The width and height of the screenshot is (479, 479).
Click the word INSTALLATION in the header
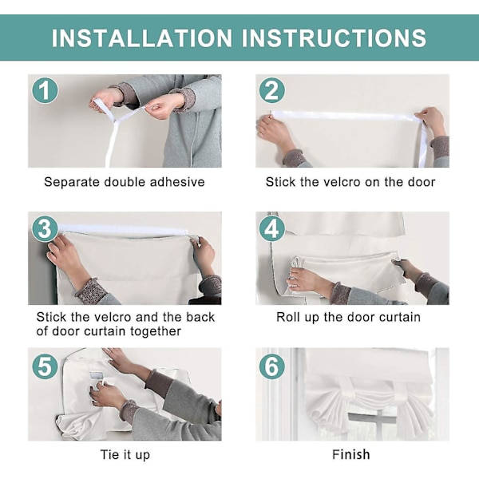(142, 38)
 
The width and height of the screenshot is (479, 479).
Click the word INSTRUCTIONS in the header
(334, 38)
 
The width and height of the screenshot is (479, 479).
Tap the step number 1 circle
(45, 90)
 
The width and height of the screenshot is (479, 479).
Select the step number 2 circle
(272, 90)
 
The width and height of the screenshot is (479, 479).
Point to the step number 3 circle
(45, 229)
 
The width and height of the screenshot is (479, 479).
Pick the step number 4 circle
(272, 229)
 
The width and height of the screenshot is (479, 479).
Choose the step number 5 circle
(45, 366)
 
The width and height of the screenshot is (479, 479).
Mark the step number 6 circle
(272, 366)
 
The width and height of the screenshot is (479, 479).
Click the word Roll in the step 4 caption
(287, 317)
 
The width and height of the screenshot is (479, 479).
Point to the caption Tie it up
(125, 455)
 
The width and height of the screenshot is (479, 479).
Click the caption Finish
(351, 454)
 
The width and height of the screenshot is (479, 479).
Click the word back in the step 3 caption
(200, 317)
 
